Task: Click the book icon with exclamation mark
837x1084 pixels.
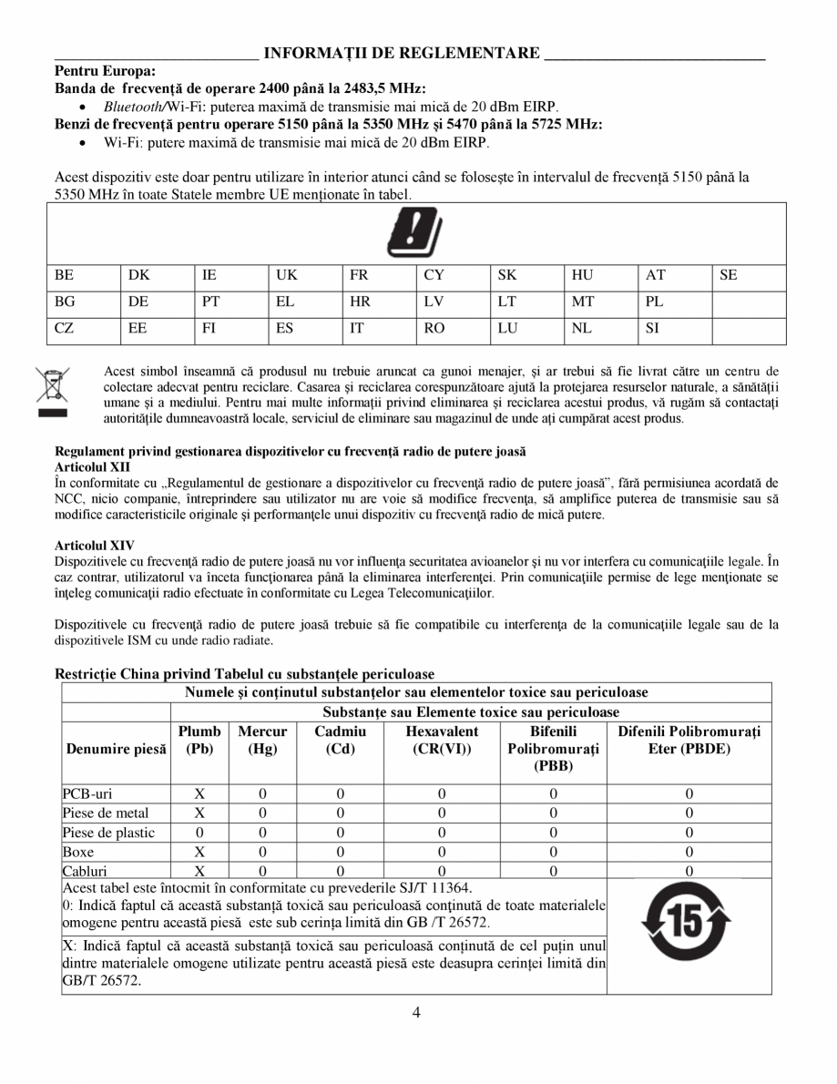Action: (x=415, y=233)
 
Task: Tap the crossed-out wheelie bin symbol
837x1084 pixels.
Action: (x=52, y=393)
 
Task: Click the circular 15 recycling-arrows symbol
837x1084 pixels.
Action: (x=686, y=925)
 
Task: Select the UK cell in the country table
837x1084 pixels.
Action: (x=287, y=274)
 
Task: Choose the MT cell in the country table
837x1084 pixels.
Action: (x=583, y=302)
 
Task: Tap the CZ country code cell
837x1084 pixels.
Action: (x=64, y=329)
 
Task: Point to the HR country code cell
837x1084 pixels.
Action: (x=360, y=302)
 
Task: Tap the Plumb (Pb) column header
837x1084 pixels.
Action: (x=199, y=740)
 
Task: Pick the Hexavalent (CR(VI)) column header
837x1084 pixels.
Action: (x=442, y=740)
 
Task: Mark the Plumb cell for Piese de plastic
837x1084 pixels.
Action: (x=199, y=833)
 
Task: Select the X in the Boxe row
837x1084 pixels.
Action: (x=199, y=852)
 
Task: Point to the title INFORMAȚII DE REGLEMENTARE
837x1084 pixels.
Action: (x=402, y=53)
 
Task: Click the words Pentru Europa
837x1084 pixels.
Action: (x=105, y=70)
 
